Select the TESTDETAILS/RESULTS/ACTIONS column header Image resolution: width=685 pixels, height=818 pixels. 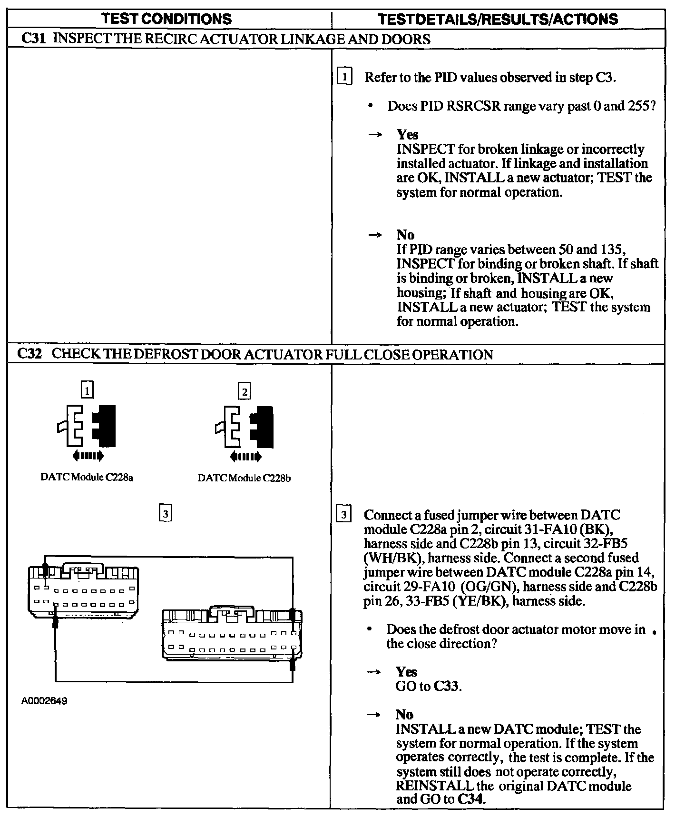(x=498, y=19)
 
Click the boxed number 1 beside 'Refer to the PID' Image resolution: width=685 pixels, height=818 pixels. (x=344, y=77)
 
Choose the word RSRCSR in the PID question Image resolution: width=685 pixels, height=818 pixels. (x=474, y=106)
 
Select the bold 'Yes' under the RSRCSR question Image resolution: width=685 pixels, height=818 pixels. (x=407, y=135)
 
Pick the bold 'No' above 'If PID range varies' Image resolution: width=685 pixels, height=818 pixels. (x=405, y=235)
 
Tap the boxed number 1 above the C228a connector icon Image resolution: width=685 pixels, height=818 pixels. (x=87, y=390)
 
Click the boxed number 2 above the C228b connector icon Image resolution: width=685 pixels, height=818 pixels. (x=244, y=391)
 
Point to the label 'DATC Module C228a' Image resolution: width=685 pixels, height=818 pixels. (x=87, y=477)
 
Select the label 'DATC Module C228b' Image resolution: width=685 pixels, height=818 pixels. (x=244, y=478)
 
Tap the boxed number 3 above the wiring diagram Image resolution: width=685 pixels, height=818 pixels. (x=165, y=513)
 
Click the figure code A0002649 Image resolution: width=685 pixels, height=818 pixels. (x=44, y=701)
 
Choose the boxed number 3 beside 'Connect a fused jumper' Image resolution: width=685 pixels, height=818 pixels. (x=343, y=515)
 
